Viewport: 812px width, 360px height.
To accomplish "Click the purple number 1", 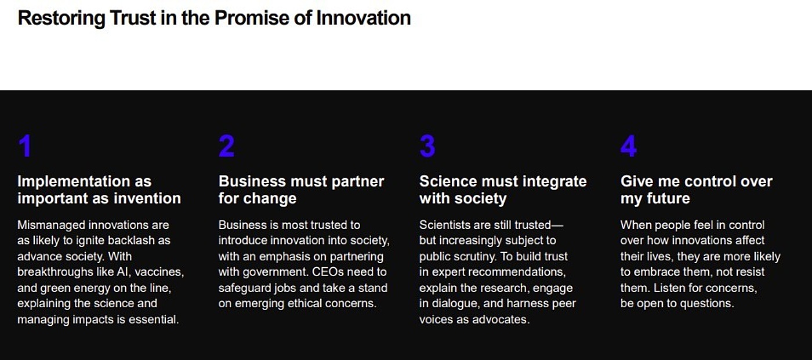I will (24, 146).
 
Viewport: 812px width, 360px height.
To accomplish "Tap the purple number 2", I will (226, 146).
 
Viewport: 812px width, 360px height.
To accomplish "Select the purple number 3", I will (427, 146).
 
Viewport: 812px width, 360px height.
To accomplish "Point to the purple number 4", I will (628, 146).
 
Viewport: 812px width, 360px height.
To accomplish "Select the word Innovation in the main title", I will (363, 18).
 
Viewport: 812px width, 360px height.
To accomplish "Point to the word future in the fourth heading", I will (668, 198).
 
